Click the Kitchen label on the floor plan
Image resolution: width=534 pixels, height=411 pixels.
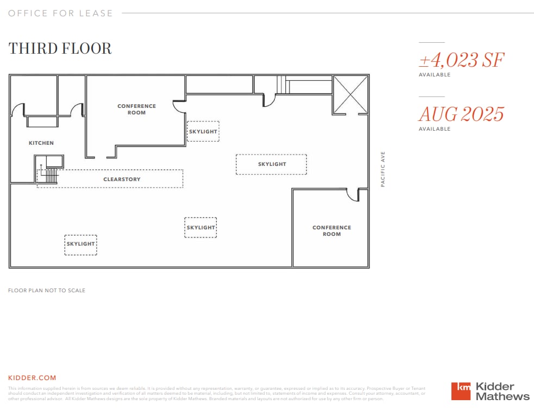click(x=41, y=143)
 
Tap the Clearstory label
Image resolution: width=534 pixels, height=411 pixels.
click(x=122, y=179)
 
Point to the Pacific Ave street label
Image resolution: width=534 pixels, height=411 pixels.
click(x=383, y=169)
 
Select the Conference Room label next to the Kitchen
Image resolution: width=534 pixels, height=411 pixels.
click(x=136, y=110)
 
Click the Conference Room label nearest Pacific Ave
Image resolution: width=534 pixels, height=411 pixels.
click(x=331, y=231)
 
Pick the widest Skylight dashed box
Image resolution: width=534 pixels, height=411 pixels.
click(x=271, y=164)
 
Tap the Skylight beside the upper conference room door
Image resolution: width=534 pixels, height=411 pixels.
click(x=203, y=131)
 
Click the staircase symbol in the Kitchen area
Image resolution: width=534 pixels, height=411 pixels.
click(x=49, y=175)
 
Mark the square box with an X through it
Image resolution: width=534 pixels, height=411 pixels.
click(x=350, y=94)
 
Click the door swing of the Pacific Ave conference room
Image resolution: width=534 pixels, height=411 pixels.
click(x=353, y=195)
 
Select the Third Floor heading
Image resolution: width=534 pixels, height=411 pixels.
click(x=60, y=48)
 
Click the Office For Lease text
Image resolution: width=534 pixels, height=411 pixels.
click(x=60, y=13)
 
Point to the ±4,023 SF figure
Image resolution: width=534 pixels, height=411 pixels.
click(x=461, y=60)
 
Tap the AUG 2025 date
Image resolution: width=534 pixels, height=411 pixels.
click(x=461, y=114)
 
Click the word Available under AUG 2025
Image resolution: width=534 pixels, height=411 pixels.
click(x=434, y=129)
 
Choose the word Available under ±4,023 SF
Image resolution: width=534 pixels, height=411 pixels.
click(x=434, y=75)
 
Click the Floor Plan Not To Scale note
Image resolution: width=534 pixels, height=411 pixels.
click(x=47, y=291)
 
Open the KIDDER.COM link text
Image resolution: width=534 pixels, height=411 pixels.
click(x=32, y=378)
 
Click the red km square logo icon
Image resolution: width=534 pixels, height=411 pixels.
click(x=461, y=391)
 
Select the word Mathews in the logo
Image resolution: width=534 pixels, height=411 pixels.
click(x=502, y=396)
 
